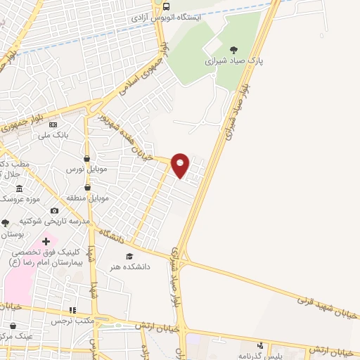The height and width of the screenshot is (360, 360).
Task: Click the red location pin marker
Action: click(x=180, y=165)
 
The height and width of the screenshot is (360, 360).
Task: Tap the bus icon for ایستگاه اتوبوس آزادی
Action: click(x=166, y=7)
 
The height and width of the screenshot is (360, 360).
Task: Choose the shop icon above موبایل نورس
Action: click(x=86, y=159)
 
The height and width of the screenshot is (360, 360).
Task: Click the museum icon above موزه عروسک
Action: click(x=19, y=188)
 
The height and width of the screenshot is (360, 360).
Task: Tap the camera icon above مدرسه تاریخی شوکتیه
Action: click(x=55, y=210)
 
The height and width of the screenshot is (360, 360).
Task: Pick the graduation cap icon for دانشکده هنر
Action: click(x=129, y=256)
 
